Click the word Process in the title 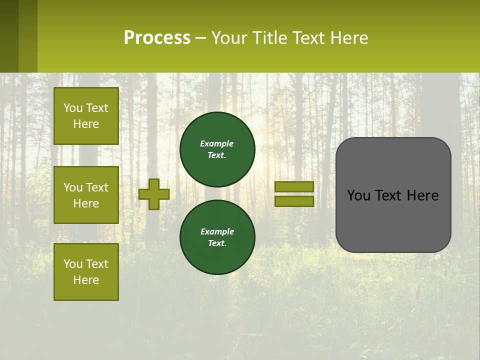(x=157, y=38)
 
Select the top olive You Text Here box (x=86, y=116)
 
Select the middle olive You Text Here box (x=86, y=195)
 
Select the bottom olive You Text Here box (x=86, y=272)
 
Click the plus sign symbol (x=154, y=194)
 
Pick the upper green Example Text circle (x=217, y=149)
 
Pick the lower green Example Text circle (x=217, y=237)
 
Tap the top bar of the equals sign (x=294, y=186)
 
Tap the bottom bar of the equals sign (x=294, y=201)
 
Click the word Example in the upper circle (x=217, y=143)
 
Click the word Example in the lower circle (x=217, y=231)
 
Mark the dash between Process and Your (x=200, y=38)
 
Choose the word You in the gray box (x=358, y=195)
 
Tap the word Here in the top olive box (x=86, y=124)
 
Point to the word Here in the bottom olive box (x=86, y=280)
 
